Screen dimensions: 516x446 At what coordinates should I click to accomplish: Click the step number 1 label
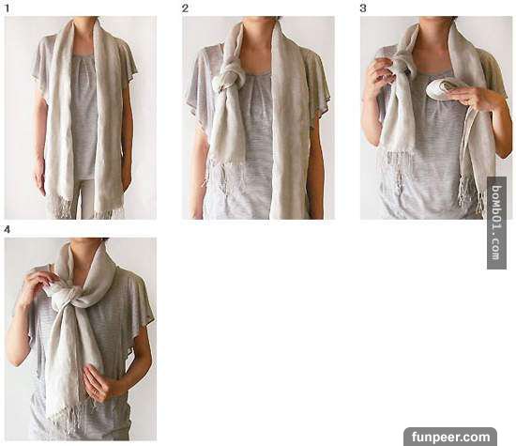tap(7, 8)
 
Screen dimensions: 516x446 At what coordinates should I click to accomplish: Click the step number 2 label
tap(185, 8)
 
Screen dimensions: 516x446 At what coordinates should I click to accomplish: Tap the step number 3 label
tap(363, 8)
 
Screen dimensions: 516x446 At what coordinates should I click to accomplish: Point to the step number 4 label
tap(7, 230)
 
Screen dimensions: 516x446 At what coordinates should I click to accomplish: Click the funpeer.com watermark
tap(450, 438)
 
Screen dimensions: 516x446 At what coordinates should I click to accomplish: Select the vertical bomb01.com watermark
tap(496, 223)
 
